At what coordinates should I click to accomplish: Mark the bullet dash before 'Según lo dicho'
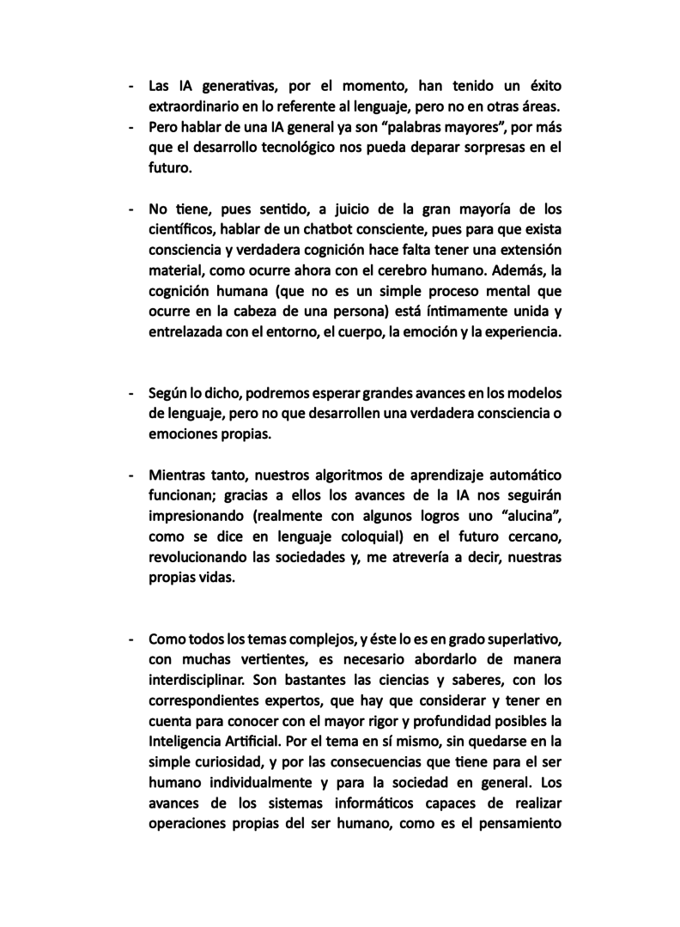tap(131, 393)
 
